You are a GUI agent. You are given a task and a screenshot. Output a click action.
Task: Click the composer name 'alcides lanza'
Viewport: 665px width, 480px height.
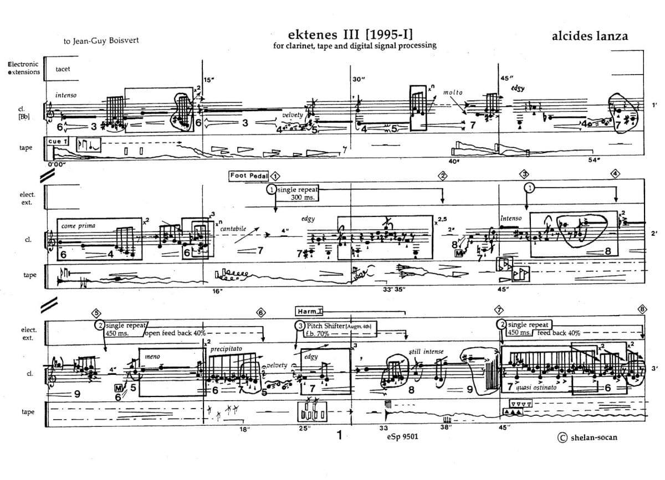pos(590,36)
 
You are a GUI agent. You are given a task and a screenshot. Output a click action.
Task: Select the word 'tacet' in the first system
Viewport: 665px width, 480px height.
pos(63,69)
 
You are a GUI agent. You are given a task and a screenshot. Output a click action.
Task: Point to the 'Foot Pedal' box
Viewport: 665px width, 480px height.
pos(249,176)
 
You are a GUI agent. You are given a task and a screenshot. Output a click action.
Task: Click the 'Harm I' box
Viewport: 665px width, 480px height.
pos(314,311)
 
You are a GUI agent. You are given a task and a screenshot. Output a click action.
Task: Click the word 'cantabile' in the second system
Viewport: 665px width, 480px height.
pos(233,228)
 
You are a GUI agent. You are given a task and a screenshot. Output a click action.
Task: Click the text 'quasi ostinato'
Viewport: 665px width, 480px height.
pos(536,388)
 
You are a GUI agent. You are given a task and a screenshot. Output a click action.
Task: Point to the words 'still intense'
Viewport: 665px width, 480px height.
pos(426,351)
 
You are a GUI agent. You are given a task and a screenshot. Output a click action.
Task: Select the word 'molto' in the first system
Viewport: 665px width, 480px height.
pos(452,92)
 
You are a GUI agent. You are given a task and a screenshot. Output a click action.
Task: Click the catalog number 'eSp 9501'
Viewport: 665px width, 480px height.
pos(403,436)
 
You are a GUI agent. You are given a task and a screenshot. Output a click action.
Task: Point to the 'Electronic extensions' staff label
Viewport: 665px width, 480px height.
pos(24,68)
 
